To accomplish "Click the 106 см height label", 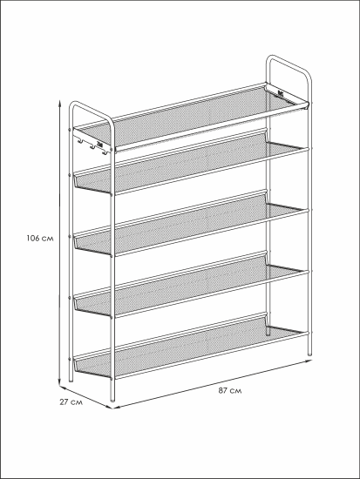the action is coord(40,238).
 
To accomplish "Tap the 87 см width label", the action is coord(230,390).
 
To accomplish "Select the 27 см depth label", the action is coord(71,402).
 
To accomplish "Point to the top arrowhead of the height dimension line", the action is coord(60,102).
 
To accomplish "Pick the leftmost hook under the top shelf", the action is coord(80,140).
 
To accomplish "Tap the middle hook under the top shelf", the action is coord(92,146).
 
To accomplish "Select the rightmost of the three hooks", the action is coord(105,152).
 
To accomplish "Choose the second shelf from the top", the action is coord(191,165).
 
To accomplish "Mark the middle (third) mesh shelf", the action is coord(191,226).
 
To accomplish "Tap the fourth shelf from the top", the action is coord(191,287).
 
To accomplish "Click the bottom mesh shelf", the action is coord(191,348).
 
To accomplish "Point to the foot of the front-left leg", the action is coord(112,399).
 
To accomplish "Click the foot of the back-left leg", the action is coord(71,379).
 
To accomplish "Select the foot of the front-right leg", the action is coord(309,353).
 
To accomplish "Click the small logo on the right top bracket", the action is coord(281,93).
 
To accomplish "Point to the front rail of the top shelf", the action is coord(211,128).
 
